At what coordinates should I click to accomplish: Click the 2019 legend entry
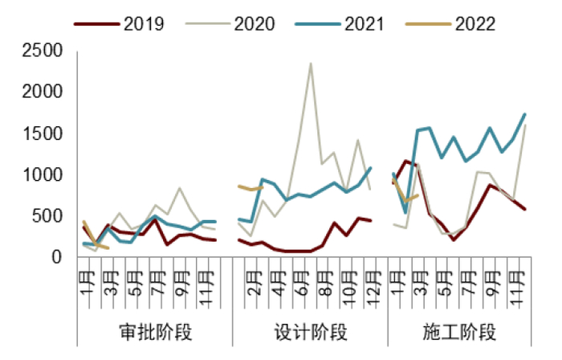[x=120, y=23]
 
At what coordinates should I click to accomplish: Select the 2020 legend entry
[x=230, y=23]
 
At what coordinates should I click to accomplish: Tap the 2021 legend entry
[x=340, y=23]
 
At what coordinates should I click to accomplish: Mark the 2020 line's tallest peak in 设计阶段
[x=311, y=63]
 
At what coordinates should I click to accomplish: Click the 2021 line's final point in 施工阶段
[x=525, y=114]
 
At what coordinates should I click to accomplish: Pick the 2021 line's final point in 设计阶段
[x=370, y=168]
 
